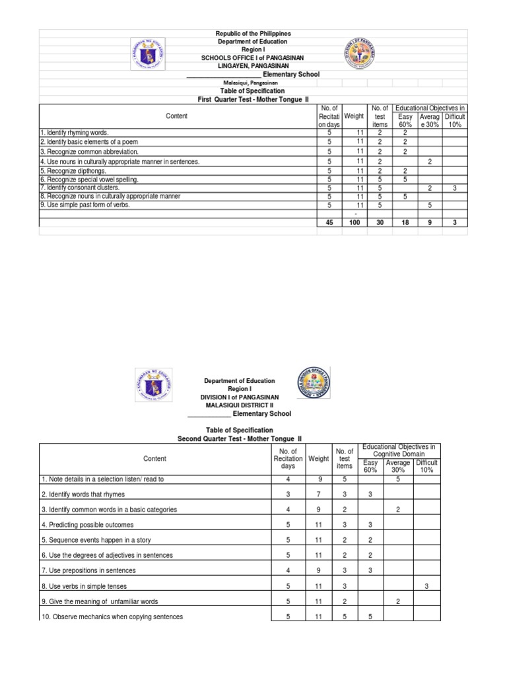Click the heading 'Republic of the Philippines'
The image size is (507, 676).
pyautogui.click(x=253, y=34)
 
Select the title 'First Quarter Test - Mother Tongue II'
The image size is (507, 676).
pyautogui.click(x=253, y=99)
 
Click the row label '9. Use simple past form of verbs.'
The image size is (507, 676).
pyautogui.click(x=85, y=205)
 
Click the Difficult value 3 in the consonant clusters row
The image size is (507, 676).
pyautogui.click(x=454, y=187)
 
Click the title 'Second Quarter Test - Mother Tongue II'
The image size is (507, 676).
pyautogui.click(x=242, y=438)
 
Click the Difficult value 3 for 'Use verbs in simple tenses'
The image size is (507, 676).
pyautogui.click(x=426, y=586)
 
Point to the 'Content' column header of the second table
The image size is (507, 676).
pyautogui.click(x=155, y=459)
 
